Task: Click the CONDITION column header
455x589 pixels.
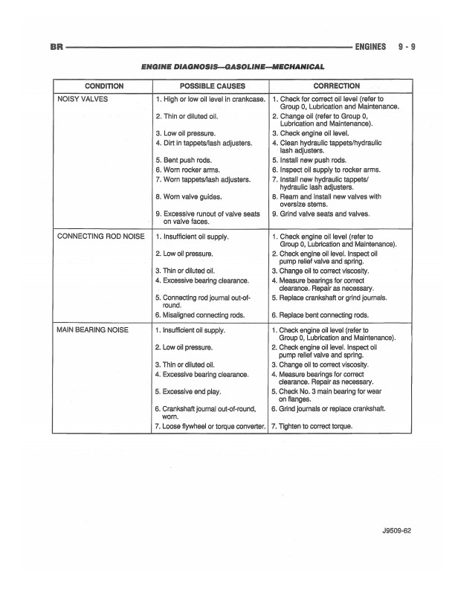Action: (104, 86)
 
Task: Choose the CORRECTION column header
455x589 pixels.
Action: (337, 86)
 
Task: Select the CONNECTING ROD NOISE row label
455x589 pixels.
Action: (100, 236)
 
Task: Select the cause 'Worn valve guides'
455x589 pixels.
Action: (187, 197)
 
